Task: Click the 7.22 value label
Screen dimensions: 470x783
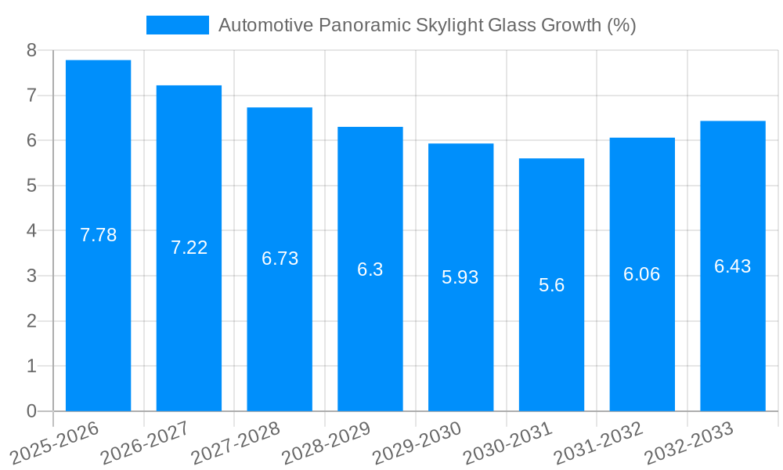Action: [x=189, y=248]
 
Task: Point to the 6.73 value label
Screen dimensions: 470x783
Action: [x=280, y=258]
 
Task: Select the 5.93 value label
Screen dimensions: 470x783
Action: [x=460, y=277]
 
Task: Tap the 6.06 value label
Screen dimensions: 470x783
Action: [x=641, y=274]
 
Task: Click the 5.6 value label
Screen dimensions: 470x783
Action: [x=551, y=285]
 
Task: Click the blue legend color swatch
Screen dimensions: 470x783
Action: [x=178, y=25]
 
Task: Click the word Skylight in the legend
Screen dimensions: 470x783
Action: [x=452, y=25]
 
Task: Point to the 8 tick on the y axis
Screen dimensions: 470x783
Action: [x=31, y=50]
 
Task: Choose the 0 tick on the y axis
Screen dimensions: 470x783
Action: [x=31, y=411]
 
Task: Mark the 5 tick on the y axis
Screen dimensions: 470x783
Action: [x=31, y=186]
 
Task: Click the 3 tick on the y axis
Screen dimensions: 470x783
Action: [x=31, y=276]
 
